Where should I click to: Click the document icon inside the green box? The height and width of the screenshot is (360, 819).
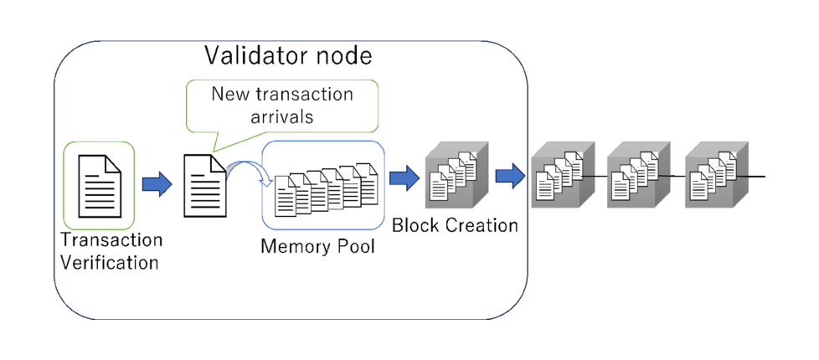coord(99,184)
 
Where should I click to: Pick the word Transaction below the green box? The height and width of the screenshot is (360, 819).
coord(111,240)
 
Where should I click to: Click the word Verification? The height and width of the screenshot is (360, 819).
coord(109,262)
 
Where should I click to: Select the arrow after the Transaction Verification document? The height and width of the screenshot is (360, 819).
coord(156,184)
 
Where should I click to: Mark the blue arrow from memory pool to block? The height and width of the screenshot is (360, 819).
coord(404,177)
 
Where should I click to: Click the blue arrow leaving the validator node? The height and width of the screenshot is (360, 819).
coord(509,177)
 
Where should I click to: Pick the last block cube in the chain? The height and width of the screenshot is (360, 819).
coord(715,177)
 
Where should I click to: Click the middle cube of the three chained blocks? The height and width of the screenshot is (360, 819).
coord(638,177)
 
